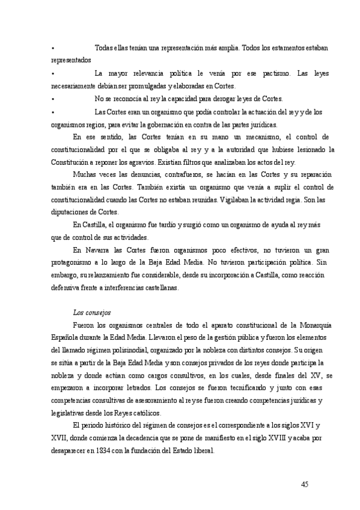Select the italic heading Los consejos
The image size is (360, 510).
(x=90, y=313)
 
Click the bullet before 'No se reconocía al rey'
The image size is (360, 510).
(x=53, y=99)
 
